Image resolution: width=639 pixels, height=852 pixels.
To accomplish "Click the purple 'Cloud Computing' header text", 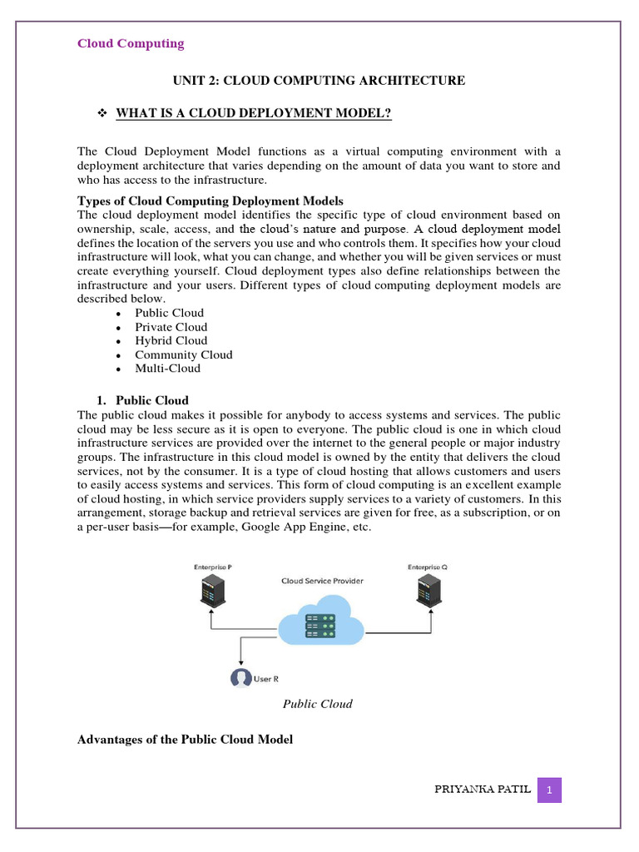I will [131, 43].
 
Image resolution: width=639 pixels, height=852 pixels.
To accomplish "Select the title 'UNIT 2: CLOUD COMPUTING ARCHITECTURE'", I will [319, 81].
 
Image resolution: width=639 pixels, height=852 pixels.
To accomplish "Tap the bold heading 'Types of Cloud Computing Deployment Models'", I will [210, 201].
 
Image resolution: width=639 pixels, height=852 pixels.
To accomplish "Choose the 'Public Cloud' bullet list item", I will [169, 313].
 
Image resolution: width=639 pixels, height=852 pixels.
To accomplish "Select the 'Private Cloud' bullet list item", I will [171, 327].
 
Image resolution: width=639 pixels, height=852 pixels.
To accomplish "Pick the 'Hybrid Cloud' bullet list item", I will [171, 340].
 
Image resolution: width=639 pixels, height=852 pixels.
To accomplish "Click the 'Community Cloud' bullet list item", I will [183, 354].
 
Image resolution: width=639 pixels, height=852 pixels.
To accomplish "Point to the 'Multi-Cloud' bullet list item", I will [167, 368].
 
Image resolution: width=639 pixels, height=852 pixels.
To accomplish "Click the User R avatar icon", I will [240, 678].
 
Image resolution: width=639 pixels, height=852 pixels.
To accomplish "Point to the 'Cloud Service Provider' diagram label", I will [321, 581].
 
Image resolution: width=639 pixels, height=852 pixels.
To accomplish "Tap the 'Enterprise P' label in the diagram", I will [213, 567].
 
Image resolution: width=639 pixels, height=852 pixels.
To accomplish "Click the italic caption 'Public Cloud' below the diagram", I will [317, 704].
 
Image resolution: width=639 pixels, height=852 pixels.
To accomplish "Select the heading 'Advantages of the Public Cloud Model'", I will [185, 740].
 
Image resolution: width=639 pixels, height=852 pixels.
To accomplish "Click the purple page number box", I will [549, 790].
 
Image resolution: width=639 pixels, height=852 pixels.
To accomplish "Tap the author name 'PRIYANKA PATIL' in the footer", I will [482, 790].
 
